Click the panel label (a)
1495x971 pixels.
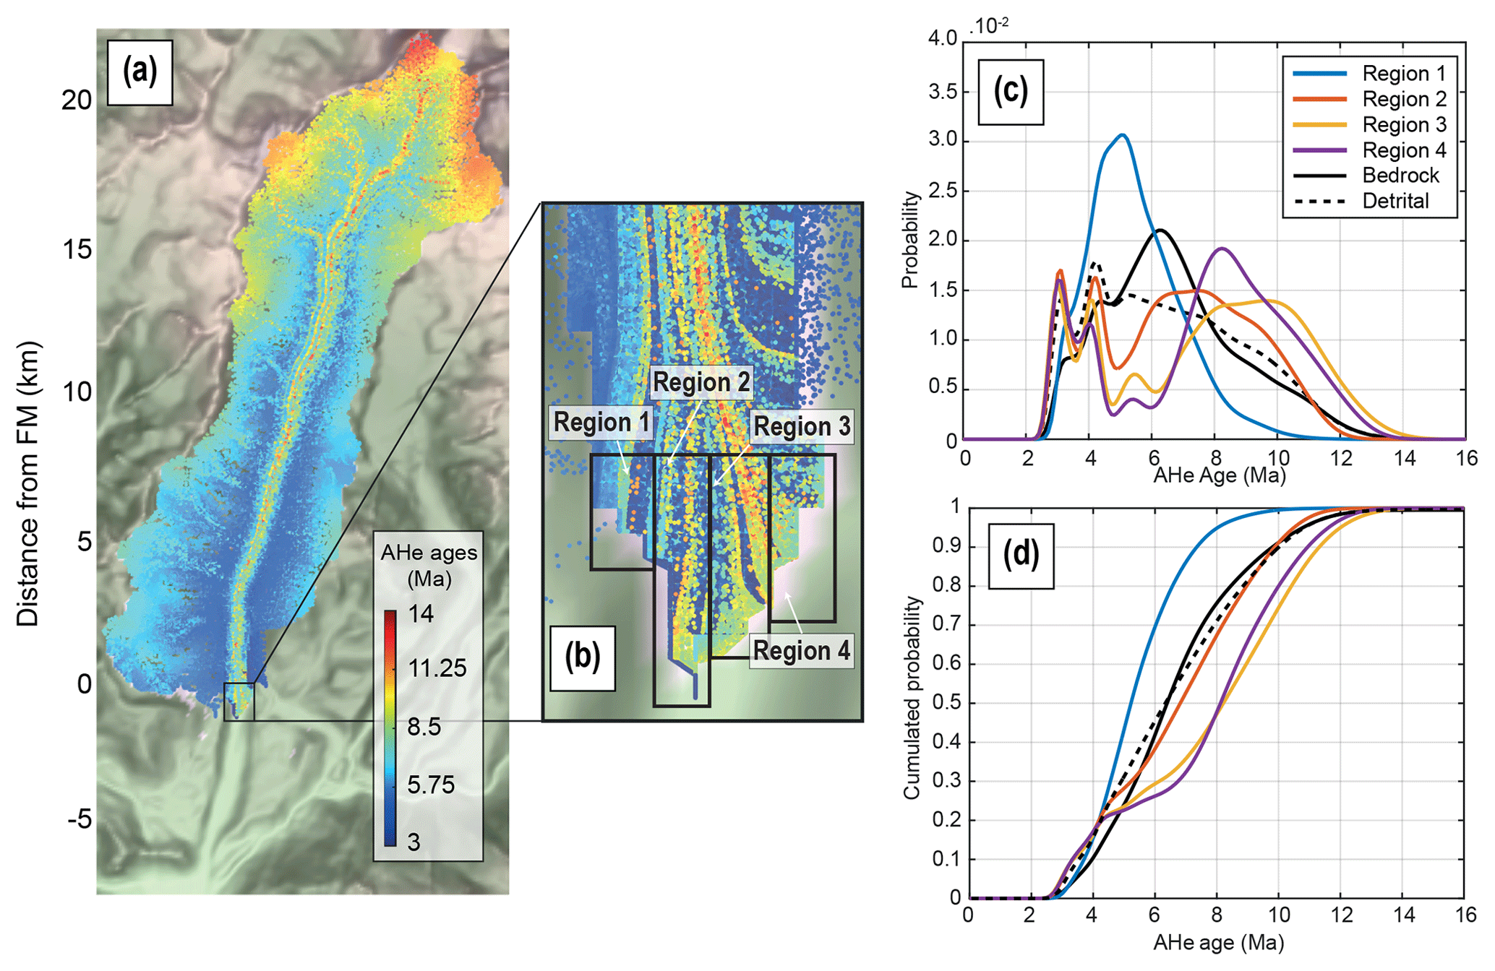pos(140,72)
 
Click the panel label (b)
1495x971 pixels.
pos(582,657)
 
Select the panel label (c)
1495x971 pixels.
pos(1010,91)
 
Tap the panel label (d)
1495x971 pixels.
pos(1020,556)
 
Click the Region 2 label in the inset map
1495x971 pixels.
pos(701,382)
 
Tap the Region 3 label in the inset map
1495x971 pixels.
pos(802,427)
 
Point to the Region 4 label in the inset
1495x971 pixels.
pos(801,651)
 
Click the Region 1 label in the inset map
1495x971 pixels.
pos(601,423)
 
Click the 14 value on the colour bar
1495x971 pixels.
pos(421,614)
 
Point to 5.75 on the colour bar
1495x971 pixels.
pos(431,785)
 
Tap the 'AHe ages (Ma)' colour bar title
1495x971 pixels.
pos(429,565)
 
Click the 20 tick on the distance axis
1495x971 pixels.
pos(77,100)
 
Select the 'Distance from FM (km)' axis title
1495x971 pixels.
pos(28,484)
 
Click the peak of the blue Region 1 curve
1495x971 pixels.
pos(1122,135)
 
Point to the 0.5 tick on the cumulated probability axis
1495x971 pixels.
pos(949,703)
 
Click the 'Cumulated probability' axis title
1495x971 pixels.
pos(912,697)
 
